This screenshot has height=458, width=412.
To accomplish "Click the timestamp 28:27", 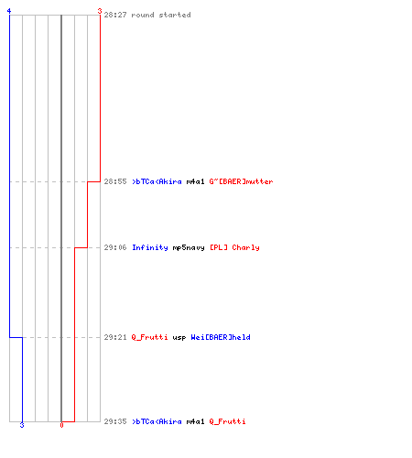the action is tap(115, 15).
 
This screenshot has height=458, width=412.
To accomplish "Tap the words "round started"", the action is tap(161, 15).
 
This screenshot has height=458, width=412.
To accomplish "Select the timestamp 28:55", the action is tap(115, 181).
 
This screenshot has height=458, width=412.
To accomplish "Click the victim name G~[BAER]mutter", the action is tap(241, 181).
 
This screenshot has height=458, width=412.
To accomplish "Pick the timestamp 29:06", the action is tap(115, 247).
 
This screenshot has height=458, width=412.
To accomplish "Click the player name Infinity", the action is tap(150, 247).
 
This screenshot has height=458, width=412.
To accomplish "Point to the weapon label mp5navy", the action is tap(189, 248).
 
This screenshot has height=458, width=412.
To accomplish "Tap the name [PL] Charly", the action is tap(234, 247).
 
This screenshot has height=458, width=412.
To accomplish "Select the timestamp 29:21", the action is tap(115, 337).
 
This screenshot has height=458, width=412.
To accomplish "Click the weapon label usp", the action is tap(179, 338).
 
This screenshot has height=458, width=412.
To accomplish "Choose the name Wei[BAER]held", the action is tap(221, 337).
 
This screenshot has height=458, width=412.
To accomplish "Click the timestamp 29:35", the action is tap(115, 421).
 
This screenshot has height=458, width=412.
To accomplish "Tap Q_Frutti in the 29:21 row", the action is tap(149, 337).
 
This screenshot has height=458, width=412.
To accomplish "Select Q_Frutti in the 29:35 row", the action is tap(227, 421).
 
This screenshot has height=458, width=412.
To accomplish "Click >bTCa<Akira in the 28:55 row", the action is tap(157, 181).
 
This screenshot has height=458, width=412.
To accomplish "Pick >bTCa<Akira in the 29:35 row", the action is tap(157, 421).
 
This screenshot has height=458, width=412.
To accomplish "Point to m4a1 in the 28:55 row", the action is tap(195, 181).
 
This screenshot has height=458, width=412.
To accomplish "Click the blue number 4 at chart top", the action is tap(9, 11).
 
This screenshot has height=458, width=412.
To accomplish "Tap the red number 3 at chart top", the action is tap(100, 11).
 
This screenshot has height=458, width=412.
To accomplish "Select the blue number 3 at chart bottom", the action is tap(22, 425).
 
